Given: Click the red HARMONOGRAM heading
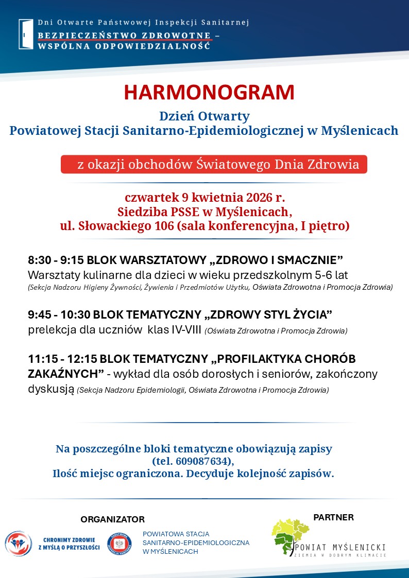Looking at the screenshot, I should (x=209, y=93).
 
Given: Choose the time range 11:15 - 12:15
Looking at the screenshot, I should (x=68, y=359).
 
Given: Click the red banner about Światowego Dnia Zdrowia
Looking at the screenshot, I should (x=214, y=165).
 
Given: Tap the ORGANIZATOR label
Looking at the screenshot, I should (x=112, y=519).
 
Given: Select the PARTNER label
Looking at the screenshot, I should (x=333, y=517).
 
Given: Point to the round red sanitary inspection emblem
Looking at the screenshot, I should (x=119, y=544).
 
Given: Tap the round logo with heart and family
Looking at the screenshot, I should (x=19, y=544).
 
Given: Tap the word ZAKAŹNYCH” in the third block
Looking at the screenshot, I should (x=66, y=374).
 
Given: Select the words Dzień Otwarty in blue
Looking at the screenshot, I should (x=204, y=116).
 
